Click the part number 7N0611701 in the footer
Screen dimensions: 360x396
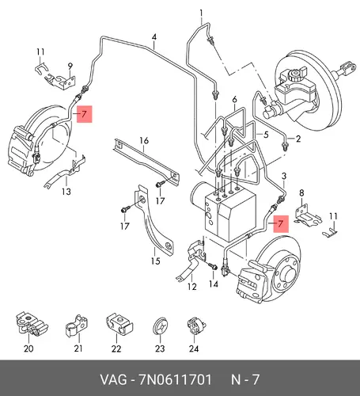[175, 380]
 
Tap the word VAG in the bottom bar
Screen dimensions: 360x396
[113, 380]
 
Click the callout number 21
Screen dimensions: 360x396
[78, 348]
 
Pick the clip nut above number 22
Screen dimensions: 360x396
[119, 324]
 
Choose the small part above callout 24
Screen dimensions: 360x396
[196, 326]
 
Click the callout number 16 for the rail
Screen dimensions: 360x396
[144, 140]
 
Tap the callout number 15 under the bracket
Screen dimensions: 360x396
[156, 261]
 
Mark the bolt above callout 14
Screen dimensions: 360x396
[213, 266]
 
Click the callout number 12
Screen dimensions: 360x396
[192, 287]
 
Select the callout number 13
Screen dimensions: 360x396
[66, 191]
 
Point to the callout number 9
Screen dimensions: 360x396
[70, 67]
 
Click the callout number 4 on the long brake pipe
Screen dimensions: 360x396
[154, 37]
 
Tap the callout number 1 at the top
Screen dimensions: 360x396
[202, 13]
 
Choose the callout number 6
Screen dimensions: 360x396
[234, 100]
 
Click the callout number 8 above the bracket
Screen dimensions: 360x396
[301, 193]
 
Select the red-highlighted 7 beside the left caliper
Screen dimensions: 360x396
[84, 114]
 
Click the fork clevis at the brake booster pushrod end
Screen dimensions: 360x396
[347, 68]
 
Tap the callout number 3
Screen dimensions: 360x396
[284, 176]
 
